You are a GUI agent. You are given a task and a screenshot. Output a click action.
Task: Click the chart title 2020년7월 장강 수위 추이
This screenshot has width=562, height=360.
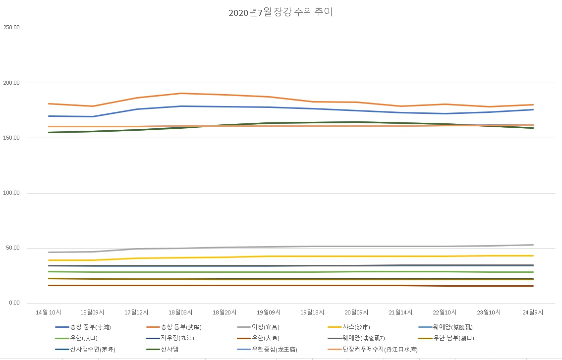[281, 12]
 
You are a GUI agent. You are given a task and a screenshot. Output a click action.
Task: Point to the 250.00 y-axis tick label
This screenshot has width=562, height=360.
[11, 28]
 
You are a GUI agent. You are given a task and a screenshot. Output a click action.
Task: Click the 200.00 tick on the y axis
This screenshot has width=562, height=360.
[11, 83]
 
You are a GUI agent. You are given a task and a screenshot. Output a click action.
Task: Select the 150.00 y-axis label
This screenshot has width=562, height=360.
[11, 138]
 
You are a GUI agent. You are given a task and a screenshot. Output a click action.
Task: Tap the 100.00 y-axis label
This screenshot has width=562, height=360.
[11, 193]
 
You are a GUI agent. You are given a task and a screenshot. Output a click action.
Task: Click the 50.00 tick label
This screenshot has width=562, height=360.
[12, 248]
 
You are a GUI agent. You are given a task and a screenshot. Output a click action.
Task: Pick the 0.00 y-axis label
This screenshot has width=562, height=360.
[13, 303]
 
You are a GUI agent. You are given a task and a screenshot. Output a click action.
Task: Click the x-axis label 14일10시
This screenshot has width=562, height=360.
[49, 312]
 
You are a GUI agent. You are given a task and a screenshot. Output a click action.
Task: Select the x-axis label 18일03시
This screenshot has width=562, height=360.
[180, 312]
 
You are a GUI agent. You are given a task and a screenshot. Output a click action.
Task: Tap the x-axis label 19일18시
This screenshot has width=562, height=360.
[312, 312]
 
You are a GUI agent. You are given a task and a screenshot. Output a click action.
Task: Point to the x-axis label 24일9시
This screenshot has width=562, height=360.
[533, 312]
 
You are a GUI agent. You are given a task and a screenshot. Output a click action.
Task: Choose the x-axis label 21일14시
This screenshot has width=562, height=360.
[400, 312]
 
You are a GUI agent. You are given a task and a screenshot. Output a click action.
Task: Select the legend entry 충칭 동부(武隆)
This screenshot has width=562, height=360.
[181, 327]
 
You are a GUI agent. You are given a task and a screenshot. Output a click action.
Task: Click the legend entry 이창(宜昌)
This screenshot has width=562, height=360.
[265, 327]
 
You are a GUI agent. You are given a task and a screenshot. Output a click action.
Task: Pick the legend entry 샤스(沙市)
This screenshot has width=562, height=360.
[356, 327]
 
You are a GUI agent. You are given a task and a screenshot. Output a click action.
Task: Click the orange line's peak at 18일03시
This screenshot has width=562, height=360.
[181, 93]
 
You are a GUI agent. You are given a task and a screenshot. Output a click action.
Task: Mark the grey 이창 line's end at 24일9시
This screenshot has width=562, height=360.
[533, 245]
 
